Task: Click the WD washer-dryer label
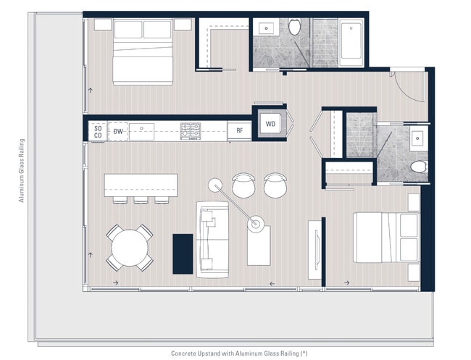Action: click(x=270, y=124)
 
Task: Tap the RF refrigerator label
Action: click(x=239, y=130)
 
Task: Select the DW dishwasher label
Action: click(x=118, y=131)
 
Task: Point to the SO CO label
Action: click(x=98, y=132)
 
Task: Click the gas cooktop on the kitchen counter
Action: click(x=191, y=131)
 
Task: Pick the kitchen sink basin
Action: click(x=141, y=132)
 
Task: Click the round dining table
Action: click(x=130, y=248)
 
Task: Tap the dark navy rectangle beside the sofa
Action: click(x=183, y=254)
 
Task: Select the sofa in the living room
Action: click(x=212, y=239)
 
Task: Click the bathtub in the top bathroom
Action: click(x=351, y=42)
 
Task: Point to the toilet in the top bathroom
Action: click(x=295, y=26)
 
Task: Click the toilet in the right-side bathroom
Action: click(x=419, y=167)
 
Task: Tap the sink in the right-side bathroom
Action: click(x=417, y=138)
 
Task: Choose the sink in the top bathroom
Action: click(x=266, y=28)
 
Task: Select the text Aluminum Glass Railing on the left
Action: click(x=22, y=170)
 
